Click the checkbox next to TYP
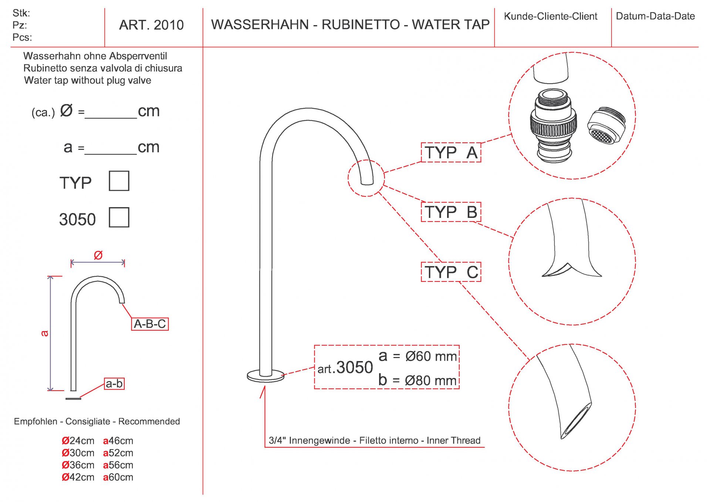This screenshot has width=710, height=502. tap(119, 181)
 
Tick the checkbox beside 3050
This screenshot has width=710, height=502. tap(119, 217)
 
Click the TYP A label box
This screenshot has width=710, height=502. tap(451, 152)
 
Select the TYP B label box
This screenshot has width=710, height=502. tap(451, 212)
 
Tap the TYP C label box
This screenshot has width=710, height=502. tap(451, 272)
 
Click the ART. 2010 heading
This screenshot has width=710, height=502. tap(151, 25)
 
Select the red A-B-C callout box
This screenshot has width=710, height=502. tap(150, 324)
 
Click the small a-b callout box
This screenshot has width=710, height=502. tap(114, 384)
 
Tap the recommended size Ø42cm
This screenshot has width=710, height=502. tap(78, 477)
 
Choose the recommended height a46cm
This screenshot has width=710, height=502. tap(118, 441)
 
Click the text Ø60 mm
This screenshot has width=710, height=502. tap(431, 356)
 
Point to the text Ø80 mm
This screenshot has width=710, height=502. tap(430, 380)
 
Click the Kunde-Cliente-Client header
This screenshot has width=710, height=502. tap(550, 16)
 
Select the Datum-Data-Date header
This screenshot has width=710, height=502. tap(655, 16)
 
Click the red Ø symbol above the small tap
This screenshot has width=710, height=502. tap(98, 255)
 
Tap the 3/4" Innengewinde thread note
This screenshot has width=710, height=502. tap(374, 440)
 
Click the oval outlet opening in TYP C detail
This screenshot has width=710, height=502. tap(575, 420)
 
